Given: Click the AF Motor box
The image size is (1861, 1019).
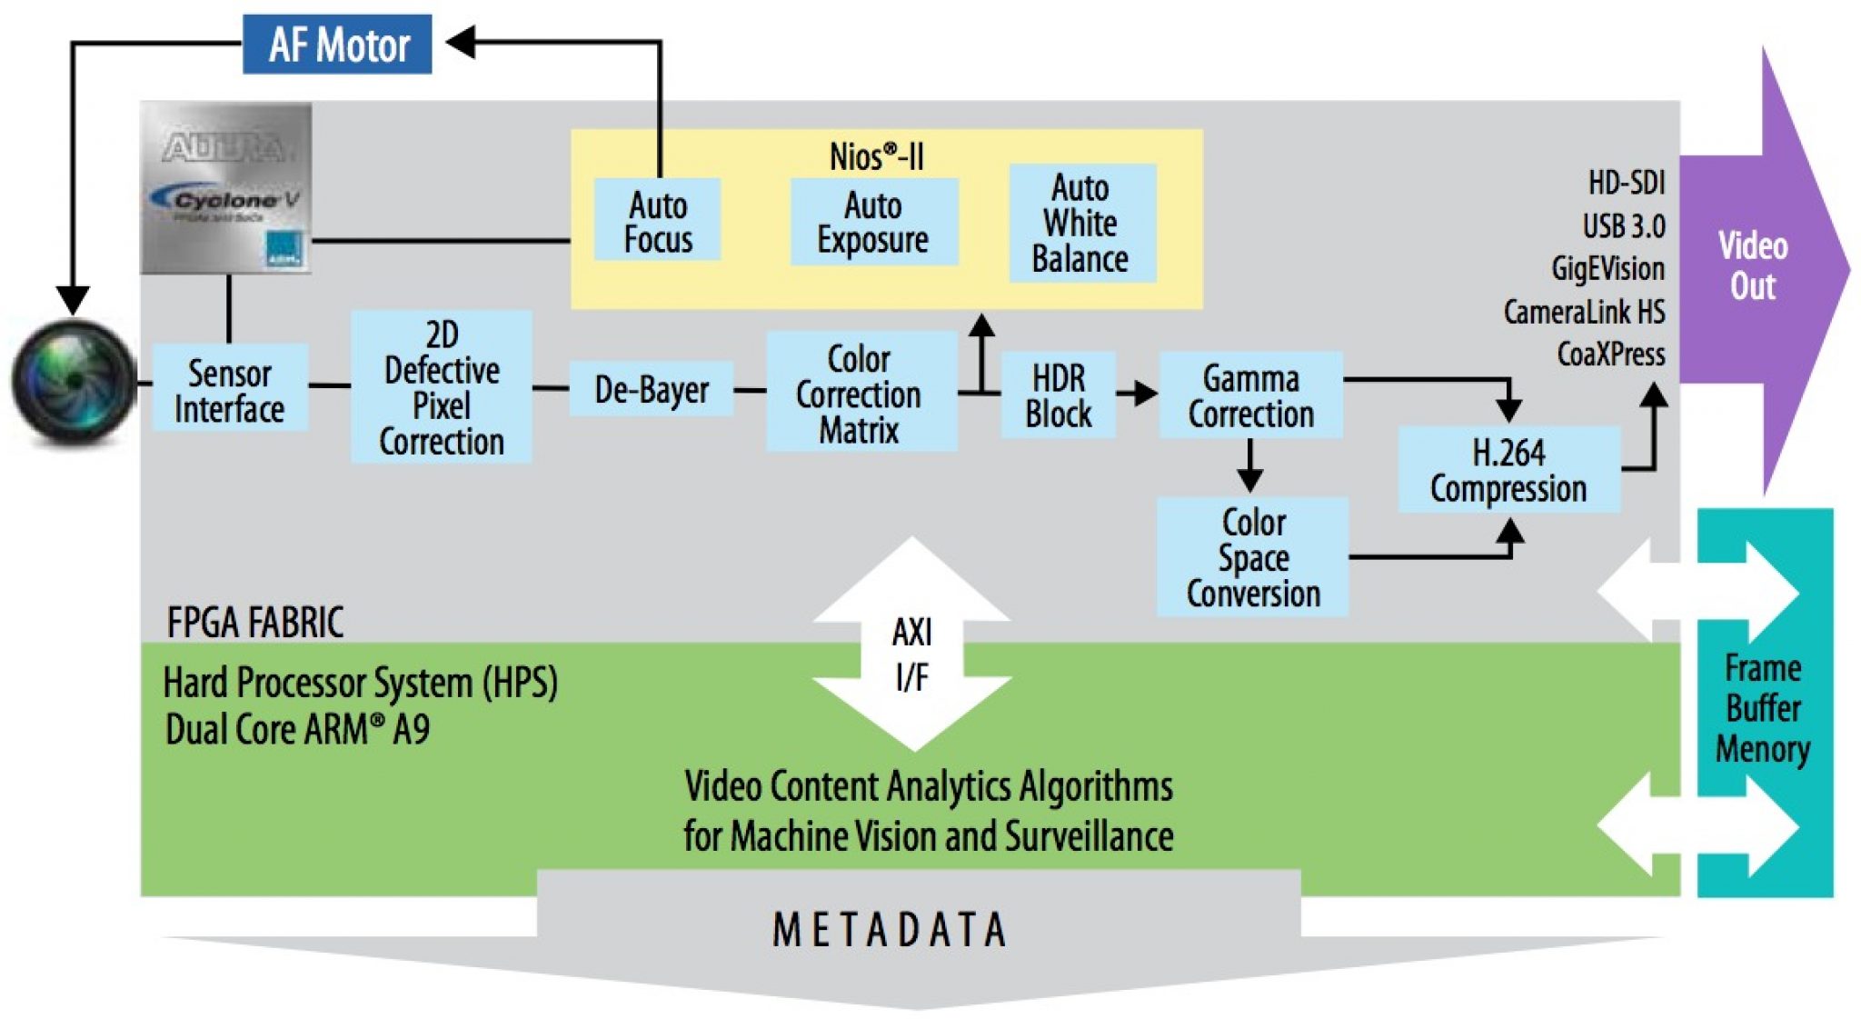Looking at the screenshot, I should point(337,45).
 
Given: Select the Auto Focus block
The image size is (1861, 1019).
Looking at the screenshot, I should point(657,221).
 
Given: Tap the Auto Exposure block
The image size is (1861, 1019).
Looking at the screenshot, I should point(873,222).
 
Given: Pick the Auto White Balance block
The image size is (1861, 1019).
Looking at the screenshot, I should point(1081,223).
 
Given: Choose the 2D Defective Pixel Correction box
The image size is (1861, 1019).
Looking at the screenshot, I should point(442,387).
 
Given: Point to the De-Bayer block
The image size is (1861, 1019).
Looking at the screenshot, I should point(651,389).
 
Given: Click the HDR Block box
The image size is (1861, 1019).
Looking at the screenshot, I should point(1058,395).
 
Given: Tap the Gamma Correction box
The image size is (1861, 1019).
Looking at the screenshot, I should point(1250,395).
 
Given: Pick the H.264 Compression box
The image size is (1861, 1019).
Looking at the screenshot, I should point(1508,470).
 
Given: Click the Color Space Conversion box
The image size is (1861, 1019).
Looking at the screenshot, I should point(1252,557).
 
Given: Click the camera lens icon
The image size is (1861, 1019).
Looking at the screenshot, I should point(73,382).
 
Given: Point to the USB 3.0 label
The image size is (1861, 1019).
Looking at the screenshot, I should point(1623,225).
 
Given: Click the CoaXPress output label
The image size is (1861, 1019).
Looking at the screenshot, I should point(1610,354).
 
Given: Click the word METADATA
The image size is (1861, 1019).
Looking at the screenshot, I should point(890,929).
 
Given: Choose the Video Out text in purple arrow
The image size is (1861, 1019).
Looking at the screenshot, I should point(1752,265).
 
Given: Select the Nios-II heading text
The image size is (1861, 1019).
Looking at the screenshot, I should point(876,156).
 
